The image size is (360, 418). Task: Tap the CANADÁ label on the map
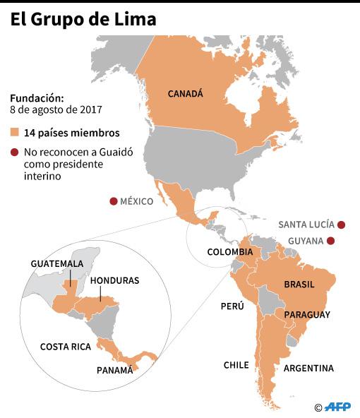pos(186,93)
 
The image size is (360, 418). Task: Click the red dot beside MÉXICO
pos(113,202)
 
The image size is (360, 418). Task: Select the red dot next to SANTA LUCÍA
pos(341,225)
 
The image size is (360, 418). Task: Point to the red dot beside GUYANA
pos(330,241)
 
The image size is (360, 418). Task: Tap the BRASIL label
pos(299,285)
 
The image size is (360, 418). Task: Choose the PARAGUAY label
pos(307,314)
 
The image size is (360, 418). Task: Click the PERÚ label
pos(232,306)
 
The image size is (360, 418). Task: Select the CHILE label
pos(236,365)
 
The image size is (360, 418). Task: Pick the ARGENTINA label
pos(308,369)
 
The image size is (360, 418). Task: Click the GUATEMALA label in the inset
pos(57,263)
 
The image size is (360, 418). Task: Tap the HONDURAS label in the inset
pos(115,280)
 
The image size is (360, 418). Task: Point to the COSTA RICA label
pos(66,347)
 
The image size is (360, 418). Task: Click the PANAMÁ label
pos(114,370)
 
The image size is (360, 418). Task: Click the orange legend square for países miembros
pos(15,133)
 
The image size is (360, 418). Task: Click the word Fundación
pos(37,98)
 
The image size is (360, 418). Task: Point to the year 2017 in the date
pos(92,110)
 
